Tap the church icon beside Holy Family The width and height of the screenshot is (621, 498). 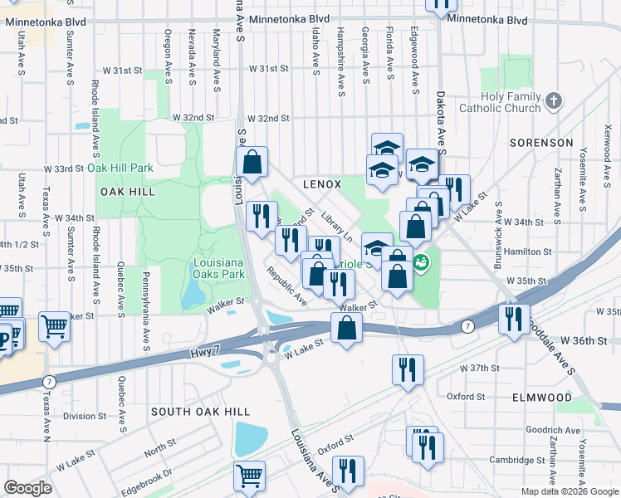pyautogui.click(x=555, y=101)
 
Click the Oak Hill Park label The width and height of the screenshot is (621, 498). pyautogui.click(x=120, y=168)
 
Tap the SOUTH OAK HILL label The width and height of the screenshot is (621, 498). pyautogui.click(x=189, y=412)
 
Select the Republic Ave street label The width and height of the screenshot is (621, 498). pyautogui.click(x=287, y=286)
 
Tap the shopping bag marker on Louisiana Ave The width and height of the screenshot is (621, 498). pyautogui.click(x=252, y=161)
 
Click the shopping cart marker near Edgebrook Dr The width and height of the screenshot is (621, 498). pyautogui.click(x=249, y=476)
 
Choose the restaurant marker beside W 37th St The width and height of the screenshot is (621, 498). pyautogui.click(x=408, y=369)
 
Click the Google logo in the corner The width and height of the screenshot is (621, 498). pyautogui.click(x=27, y=488)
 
